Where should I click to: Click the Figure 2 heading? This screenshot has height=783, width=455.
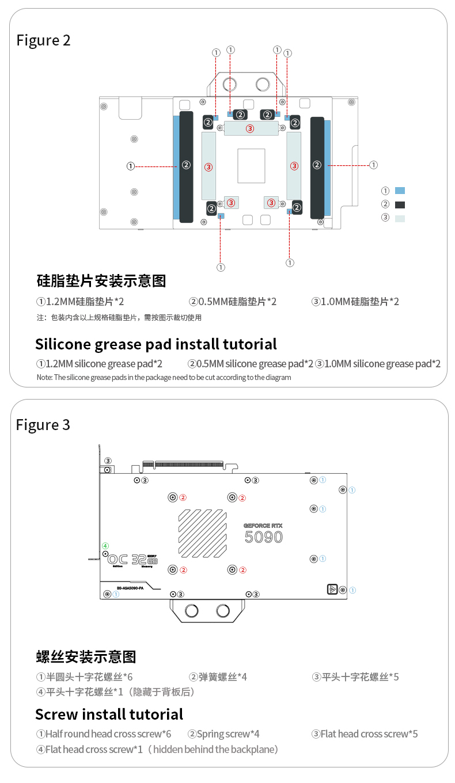tap(43, 40)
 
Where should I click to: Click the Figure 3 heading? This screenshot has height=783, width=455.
tap(43, 425)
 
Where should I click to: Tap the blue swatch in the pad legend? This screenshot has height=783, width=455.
tap(400, 191)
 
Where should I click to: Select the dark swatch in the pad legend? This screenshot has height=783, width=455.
tap(400, 204)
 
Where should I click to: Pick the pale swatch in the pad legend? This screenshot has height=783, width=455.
tap(400, 218)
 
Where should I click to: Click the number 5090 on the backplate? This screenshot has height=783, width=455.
tap(264, 537)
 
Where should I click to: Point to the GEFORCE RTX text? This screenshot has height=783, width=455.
tap(263, 525)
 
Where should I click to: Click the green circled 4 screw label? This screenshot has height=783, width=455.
tap(105, 545)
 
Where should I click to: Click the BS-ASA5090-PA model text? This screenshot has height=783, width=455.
tap(130, 588)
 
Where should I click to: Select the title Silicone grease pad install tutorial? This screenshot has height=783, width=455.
tap(156, 344)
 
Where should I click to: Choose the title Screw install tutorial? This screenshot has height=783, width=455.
tap(109, 714)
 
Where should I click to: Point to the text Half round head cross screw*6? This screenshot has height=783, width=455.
tap(104, 734)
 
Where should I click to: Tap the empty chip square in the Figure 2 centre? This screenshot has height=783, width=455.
tap(251, 166)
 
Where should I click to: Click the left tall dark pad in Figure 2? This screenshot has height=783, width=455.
tap(186, 167)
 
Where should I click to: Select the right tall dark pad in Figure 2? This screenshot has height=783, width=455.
tap(317, 167)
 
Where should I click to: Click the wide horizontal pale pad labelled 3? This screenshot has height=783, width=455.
tap(250, 128)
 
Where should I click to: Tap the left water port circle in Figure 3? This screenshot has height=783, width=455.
tap(192, 611)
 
